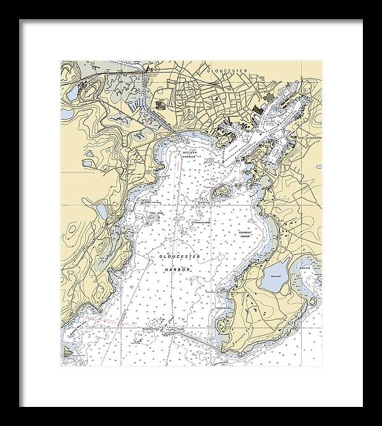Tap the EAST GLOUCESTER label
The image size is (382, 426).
click(x=311, y=137)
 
